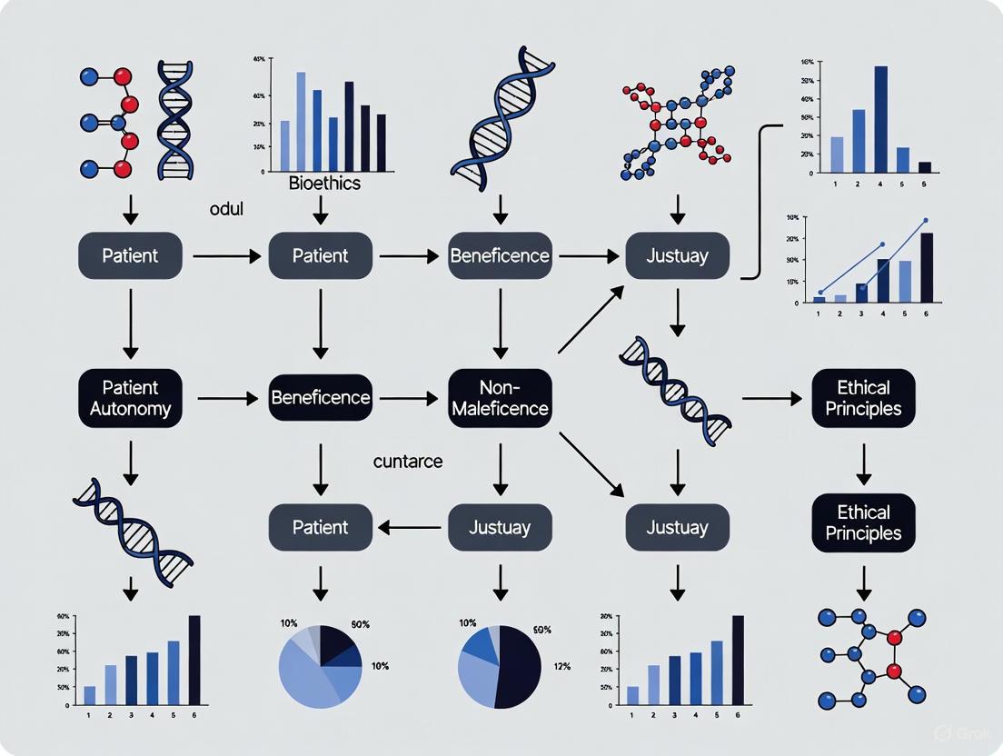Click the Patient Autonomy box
pyautogui.click(x=130, y=398)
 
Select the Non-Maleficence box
pyautogui.click(x=500, y=398)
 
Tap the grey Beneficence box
pyautogui.click(x=500, y=255)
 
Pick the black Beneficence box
pyautogui.click(x=321, y=398)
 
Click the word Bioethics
pyautogui.click(x=324, y=184)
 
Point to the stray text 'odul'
pyautogui.click(x=227, y=209)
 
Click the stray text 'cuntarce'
pyautogui.click(x=408, y=462)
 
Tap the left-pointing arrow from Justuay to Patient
pyautogui.click(x=411, y=526)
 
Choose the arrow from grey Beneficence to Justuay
pyautogui.click(x=588, y=256)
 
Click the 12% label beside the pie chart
pyautogui.click(x=561, y=667)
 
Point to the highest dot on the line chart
pyautogui.click(x=926, y=221)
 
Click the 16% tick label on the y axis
pyautogui.click(x=806, y=63)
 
